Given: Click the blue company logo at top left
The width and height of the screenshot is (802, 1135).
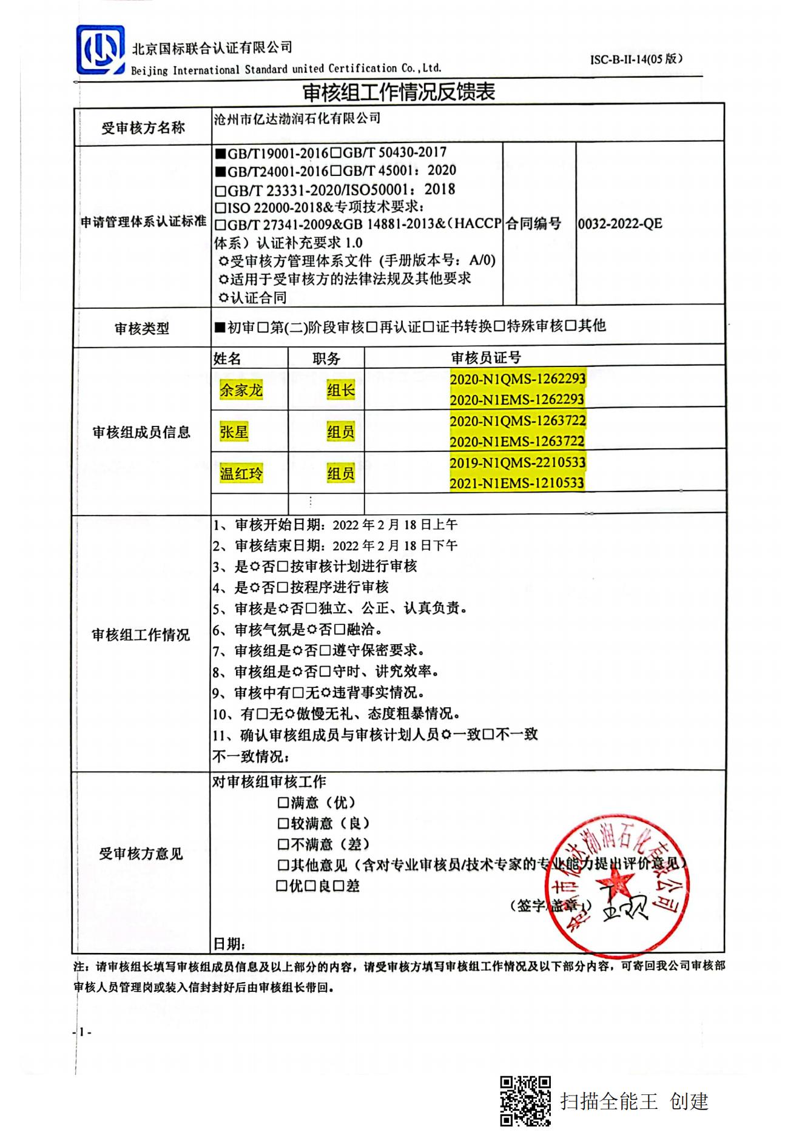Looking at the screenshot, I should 101,50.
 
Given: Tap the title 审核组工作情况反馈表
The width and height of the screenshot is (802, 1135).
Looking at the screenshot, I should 399,92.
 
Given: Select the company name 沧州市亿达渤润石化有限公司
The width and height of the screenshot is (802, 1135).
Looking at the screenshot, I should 297,118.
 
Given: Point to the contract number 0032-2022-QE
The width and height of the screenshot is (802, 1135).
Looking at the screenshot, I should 619,224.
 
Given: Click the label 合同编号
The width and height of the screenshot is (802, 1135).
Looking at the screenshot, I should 533,224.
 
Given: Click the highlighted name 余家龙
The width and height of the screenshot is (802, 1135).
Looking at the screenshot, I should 241,390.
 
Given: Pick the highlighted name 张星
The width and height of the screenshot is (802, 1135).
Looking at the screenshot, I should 234,432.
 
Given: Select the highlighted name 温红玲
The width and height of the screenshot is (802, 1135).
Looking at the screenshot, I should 241,473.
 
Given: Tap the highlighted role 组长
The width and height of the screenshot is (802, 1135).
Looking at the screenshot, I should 340,390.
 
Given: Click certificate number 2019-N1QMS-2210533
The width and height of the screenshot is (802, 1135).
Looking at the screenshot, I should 517,463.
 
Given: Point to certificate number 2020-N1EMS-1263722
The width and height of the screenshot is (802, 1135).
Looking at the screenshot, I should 517,442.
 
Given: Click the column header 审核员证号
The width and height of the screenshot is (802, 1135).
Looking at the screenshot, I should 485,357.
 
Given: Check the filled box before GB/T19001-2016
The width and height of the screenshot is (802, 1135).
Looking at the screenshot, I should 221,153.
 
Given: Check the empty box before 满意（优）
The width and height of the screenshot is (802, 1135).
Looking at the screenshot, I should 283,803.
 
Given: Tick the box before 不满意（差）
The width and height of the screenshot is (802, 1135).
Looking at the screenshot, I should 283,844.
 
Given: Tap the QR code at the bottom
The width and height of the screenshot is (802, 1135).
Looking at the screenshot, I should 525,1100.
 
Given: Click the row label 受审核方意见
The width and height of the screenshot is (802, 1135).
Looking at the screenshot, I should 141,854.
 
